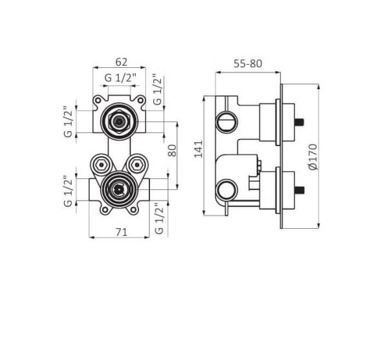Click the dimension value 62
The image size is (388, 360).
coord(122,62)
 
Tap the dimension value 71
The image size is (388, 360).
coord(122,232)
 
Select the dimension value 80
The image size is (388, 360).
coord(173,151)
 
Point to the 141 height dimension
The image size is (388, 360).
coord(199,149)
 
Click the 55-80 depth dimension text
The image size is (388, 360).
coord(248,64)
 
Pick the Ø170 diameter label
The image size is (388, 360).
coord(313,157)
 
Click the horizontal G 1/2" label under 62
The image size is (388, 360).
coord(120,78)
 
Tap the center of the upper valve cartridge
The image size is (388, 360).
coord(119,121)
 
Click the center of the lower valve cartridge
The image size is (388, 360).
coord(119,189)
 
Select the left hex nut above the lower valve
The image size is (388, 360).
coord(101,164)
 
